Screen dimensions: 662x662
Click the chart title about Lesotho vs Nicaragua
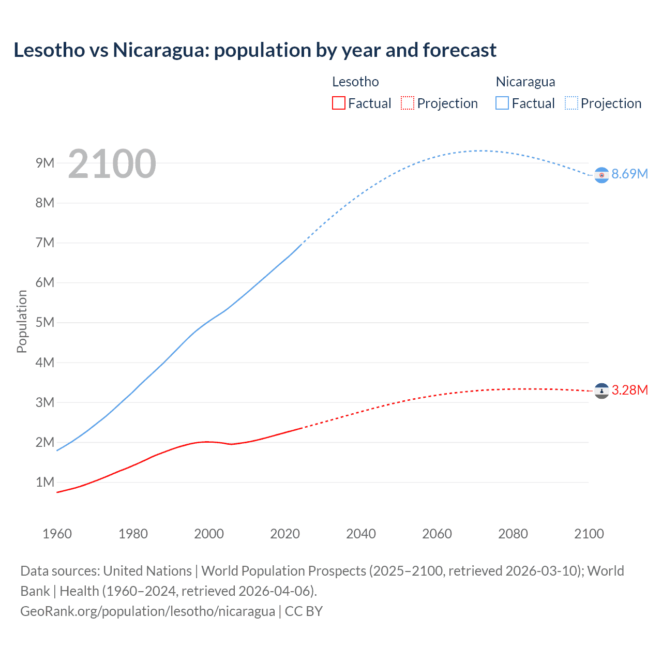tap(255, 50)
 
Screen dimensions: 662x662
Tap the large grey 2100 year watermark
tap(112, 164)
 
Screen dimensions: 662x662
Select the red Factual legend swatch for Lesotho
tap(338, 103)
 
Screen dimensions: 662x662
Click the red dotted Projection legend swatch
tap(408, 103)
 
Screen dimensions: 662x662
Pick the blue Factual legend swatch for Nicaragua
tap(502, 103)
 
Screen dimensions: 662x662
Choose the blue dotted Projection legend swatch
tap(571, 103)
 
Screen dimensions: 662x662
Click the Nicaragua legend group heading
tap(525, 82)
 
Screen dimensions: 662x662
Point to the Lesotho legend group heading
tap(355, 82)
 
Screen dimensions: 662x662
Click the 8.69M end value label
tap(629, 174)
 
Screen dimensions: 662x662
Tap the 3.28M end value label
tap(629, 390)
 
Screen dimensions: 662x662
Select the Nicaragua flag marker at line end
tap(601, 175)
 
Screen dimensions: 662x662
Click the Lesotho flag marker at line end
tap(601, 391)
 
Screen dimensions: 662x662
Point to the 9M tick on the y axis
tap(45, 163)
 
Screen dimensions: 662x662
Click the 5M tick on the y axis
tap(45, 322)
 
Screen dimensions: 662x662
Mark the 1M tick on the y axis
tap(45, 482)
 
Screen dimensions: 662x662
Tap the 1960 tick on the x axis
tap(57, 534)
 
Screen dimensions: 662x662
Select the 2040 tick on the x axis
tap(361, 534)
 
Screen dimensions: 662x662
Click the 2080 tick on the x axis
tap(513, 534)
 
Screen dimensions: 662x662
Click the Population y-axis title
tap(22, 321)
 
